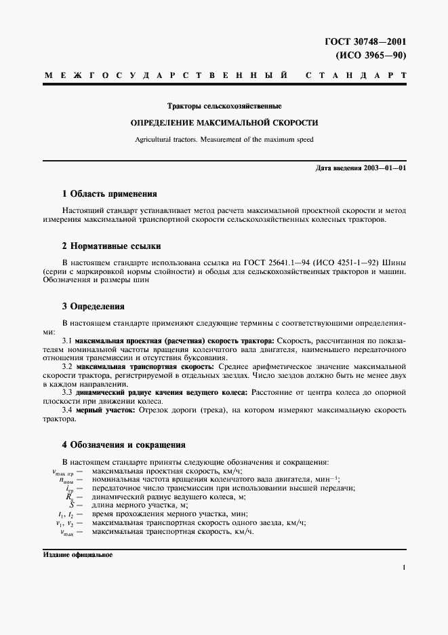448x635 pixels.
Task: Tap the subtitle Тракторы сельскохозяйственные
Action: point(224,107)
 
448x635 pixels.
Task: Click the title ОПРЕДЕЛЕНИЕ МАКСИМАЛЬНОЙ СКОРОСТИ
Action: point(224,123)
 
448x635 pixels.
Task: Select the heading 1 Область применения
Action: point(109,193)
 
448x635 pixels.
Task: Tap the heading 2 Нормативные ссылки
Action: point(111,246)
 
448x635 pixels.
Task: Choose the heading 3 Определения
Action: point(94,307)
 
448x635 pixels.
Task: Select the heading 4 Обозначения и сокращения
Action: point(123,445)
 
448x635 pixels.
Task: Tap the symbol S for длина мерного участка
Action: point(70,505)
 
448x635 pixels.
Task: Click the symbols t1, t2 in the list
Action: point(66,514)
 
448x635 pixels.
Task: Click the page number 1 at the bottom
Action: point(403,568)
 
